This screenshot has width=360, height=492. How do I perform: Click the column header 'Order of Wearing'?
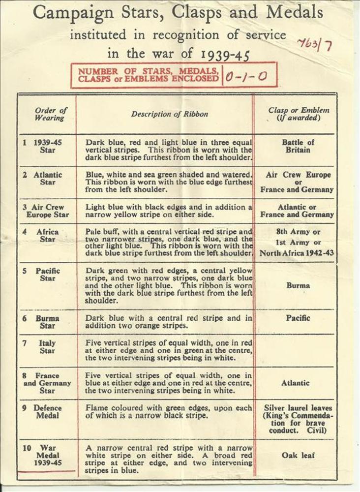pos(51,114)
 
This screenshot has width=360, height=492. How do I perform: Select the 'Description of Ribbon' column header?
pos(169,114)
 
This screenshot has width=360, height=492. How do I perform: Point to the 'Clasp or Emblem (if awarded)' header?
pos(299,114)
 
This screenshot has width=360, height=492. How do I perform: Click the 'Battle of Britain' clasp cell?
pos(298,146)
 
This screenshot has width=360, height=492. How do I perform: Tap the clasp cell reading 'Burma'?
pos(298,285)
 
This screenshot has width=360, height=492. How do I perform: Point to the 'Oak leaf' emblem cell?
pos(298,455)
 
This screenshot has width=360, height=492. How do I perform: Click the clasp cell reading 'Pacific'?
pos(298,318)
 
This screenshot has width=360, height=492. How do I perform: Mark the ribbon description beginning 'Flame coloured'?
pos(169,412)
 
